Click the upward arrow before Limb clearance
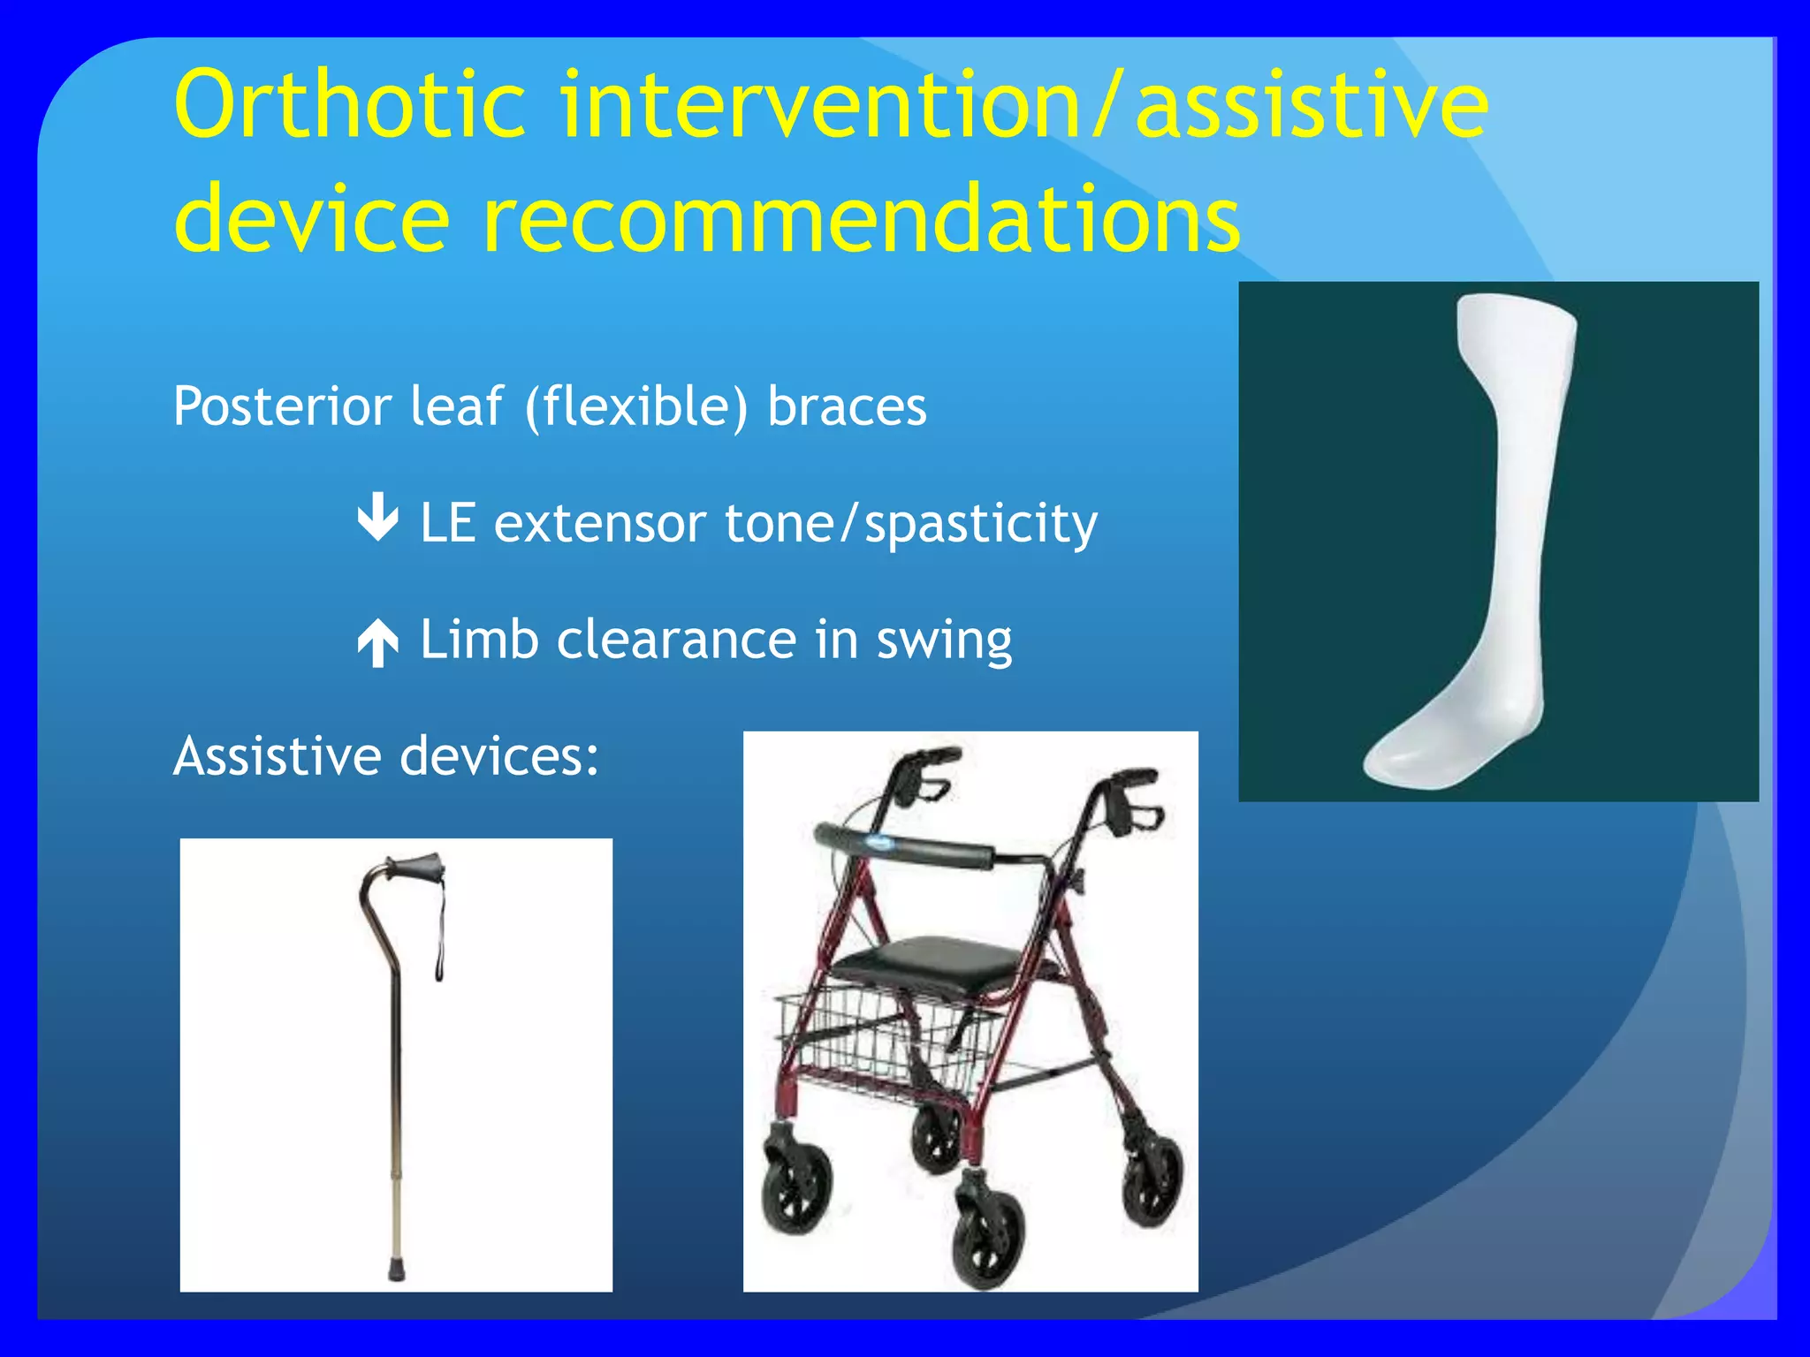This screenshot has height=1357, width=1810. point(378,641)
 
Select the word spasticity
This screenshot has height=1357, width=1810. point(981,523)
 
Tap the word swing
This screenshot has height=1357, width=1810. point(944,640)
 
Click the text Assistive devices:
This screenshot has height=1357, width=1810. point(386,756)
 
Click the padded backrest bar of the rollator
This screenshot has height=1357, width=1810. point(910,845)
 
